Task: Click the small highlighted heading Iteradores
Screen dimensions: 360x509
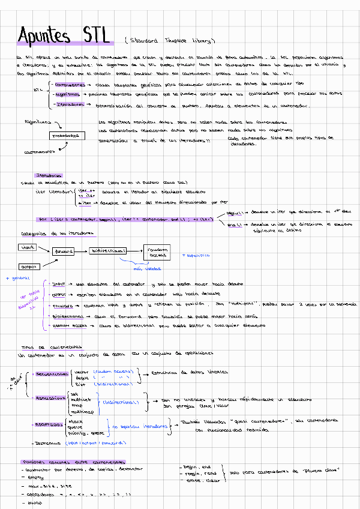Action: pyautogui.click(x=48, y=175)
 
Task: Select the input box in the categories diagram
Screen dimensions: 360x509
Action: pyautogui.click(x=28, y=247)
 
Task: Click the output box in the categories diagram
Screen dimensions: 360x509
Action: pyautogui.click(x=28, y=265)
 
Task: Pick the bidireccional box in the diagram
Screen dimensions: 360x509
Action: pyautogui.click(x=109, y=250)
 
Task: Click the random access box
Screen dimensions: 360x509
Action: pyautogui.click(x=157, y=252)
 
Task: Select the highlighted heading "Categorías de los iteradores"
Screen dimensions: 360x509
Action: pyautogui.click(x=53, y=233)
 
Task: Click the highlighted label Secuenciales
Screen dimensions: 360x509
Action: pyautogui.click(x=51, y=373)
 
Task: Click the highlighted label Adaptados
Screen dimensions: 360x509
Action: pyautogui.click(x=49, y=424)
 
